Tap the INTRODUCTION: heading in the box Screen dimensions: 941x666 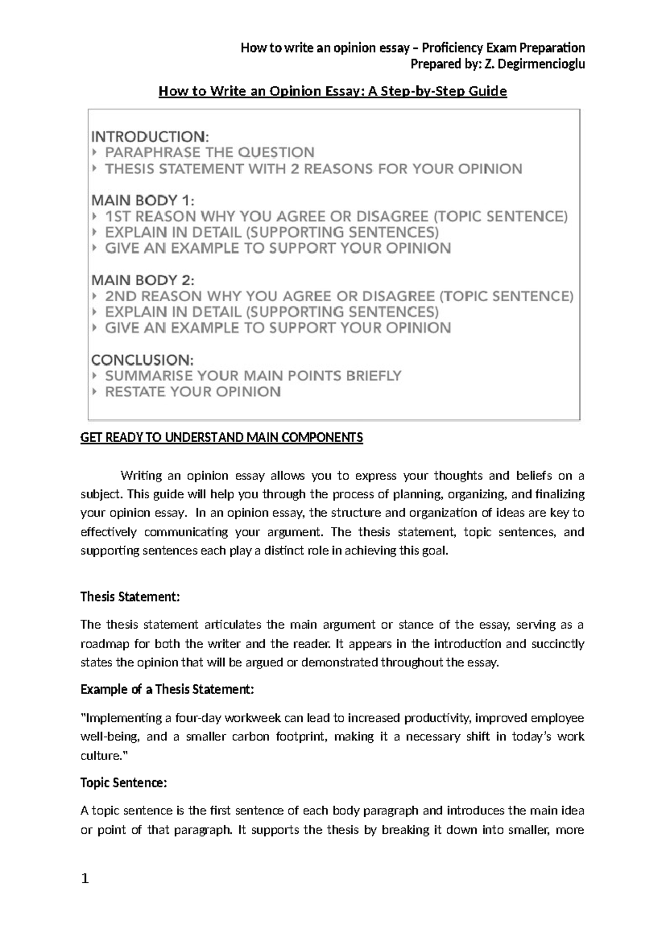tap(150, 136)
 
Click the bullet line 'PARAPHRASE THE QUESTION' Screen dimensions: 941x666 tap(209, 153)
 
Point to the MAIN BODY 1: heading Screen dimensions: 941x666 tap(143, 200)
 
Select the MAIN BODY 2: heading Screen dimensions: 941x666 tap(143, 280)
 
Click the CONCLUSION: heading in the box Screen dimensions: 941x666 tap(142, 360)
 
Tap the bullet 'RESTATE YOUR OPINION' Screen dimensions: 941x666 tap(193, 392)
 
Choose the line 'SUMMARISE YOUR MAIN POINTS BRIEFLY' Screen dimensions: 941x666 tap(253, 376)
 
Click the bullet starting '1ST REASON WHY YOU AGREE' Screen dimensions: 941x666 tap(336, 216)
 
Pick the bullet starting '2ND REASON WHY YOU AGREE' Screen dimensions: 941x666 tap(339, 296)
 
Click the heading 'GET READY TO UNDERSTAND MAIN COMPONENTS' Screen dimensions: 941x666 tap(221, 438)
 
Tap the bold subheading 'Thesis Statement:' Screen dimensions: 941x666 tap(130, 597)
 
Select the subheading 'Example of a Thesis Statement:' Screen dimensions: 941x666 tap(167, 690)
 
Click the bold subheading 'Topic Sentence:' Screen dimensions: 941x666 tap(123, 783)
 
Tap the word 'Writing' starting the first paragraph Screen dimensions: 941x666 tap(141, 475)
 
